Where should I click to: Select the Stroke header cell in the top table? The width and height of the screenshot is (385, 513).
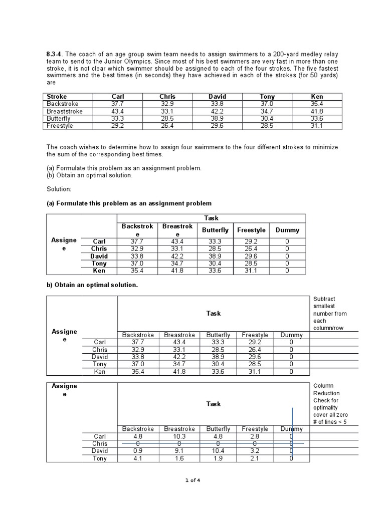click(57, 96)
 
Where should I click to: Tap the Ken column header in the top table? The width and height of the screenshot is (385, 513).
click(317, 96)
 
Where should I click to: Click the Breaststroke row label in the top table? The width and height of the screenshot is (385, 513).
click(65, 111)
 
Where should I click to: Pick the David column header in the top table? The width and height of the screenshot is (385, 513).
click(217, 96)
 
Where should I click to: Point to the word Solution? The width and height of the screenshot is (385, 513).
click(60, 190)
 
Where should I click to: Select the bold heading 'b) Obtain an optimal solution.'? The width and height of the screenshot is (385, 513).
click(92, 285)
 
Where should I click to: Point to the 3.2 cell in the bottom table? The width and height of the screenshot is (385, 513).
click(255, 451)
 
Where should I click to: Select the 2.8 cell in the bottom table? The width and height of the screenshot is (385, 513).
click(255, 436)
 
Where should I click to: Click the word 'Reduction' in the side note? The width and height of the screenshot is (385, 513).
click(326, 393)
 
